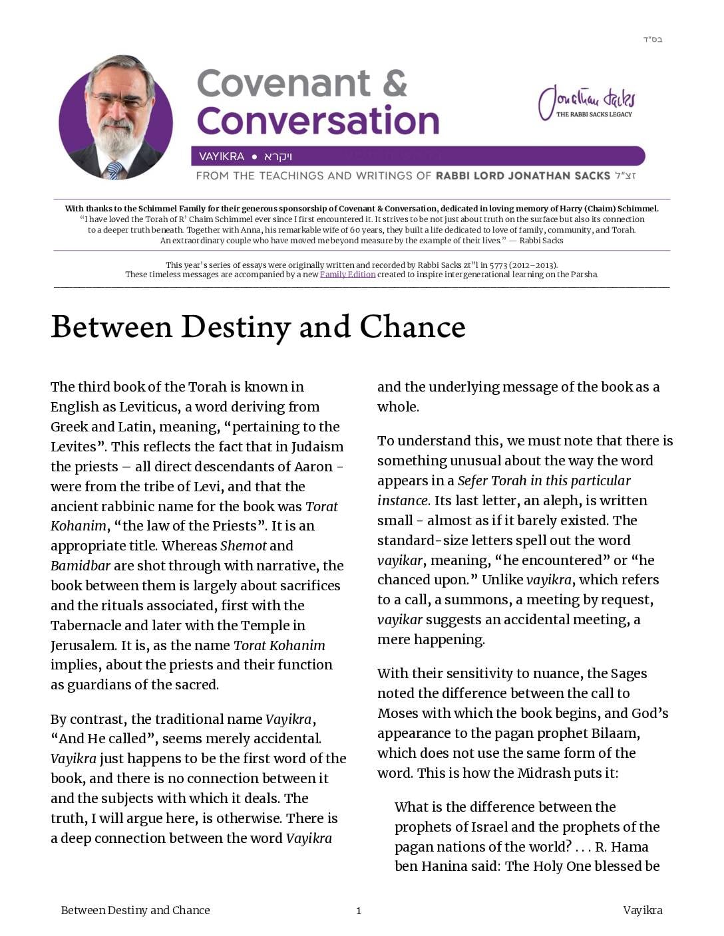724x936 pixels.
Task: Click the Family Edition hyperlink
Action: click(347, 275)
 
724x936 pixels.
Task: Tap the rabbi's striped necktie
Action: click(115, 170)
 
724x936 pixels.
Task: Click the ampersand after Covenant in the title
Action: click(395, 83)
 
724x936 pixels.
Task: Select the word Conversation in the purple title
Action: click(318, 121)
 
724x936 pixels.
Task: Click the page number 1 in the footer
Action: click(359, 911)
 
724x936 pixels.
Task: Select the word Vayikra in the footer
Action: click(642, 910)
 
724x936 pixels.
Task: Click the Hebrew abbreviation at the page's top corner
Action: click(652, 40)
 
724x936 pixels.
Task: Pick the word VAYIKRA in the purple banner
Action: click(222, 157)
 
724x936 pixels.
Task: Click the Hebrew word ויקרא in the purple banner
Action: click(278, 157)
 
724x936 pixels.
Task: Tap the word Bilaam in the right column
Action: click(615, 733)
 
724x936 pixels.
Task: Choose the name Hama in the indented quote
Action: click(630, 847)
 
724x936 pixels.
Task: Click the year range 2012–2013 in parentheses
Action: click(531, 265)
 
